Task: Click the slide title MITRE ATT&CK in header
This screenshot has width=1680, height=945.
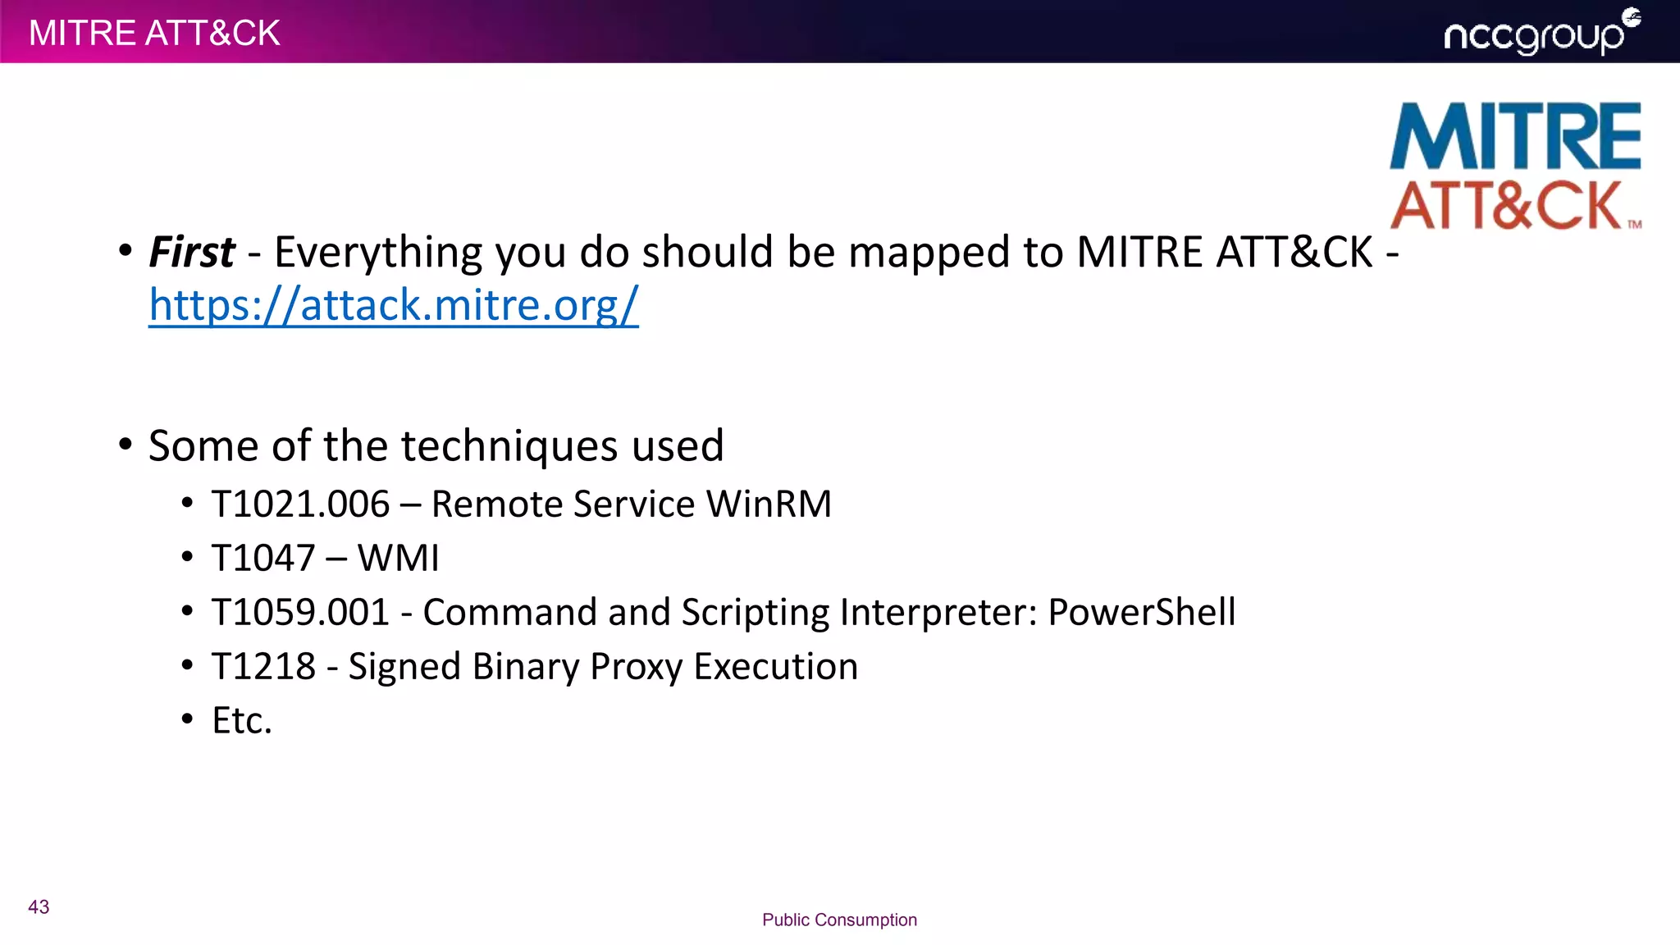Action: (154, 33)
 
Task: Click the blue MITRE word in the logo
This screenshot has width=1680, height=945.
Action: (1515, 136)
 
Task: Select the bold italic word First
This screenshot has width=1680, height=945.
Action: (191, 252)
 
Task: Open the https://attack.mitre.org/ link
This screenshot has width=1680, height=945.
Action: (393, 305)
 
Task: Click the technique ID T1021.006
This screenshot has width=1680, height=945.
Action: (300, 504)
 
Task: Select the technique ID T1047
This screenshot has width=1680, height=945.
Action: (263, 558)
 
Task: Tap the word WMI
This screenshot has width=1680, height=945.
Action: (399, 558)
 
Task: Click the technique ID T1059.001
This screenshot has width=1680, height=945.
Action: (300, 612)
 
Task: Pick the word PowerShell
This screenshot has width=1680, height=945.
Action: (1141, 612)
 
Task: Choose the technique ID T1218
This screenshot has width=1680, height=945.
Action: (263, 666)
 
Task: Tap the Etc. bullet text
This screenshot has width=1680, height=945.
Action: (241, 720)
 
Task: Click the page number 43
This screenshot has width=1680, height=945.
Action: (39, 906)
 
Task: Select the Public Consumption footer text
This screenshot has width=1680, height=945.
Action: (839, 920)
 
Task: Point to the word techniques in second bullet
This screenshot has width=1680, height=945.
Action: (509, 445)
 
